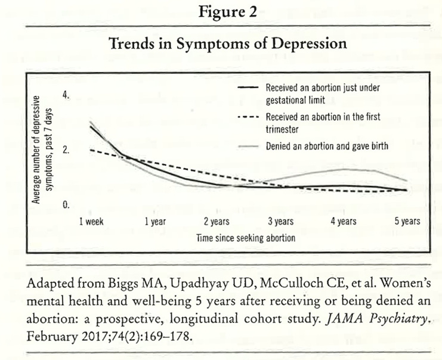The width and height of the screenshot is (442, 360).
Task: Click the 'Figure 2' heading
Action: click(x=220, y=13)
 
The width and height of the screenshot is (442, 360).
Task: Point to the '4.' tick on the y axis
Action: click(x=66, y=95)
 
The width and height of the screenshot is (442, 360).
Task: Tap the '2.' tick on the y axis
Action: click(x=66, y=150)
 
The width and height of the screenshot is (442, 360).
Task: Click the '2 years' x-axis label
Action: click(x=217, y=222)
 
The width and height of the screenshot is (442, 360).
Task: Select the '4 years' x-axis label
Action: click(x=343, y=222)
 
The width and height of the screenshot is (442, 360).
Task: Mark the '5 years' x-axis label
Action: click(x=407, y=222)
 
